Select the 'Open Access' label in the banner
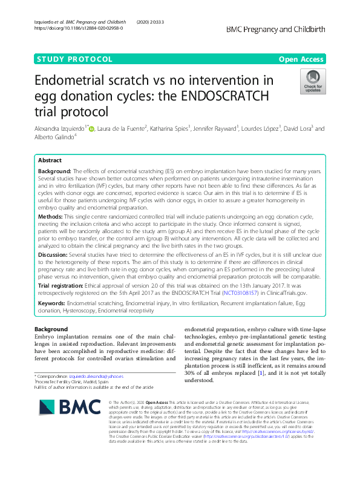301,59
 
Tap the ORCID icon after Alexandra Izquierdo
92,128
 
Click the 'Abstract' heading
50,161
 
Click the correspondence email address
97,376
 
